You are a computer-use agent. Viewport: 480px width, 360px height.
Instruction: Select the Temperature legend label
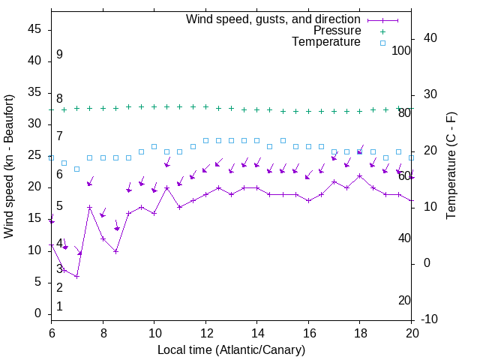tap(326, 42)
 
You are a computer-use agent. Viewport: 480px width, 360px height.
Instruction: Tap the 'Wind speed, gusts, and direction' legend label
tap(274, 19)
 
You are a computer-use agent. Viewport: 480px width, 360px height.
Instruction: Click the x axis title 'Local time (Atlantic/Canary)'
tap(231, 349)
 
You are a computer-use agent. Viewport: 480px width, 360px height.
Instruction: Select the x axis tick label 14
tap(256, 332)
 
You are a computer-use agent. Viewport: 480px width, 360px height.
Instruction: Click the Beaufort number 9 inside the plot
tap(59, 55)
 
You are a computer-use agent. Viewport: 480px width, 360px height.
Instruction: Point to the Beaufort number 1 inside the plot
tap(59, 307)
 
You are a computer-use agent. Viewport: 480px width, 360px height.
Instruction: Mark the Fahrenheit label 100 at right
tap(402, 50)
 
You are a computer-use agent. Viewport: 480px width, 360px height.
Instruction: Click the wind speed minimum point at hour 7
tap(76, 276)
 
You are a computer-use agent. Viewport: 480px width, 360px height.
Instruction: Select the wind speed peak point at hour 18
tap(360, 176)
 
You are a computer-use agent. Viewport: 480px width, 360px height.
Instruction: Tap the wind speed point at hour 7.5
tap(90, 208)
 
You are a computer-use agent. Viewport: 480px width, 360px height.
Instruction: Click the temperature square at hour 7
tap(76, 169)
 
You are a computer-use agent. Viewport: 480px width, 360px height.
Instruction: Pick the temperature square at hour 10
tap(154, 146)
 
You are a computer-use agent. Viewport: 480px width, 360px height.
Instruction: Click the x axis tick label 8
tap(103, 332)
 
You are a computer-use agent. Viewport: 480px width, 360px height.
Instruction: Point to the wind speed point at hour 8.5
tap(115, 251)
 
